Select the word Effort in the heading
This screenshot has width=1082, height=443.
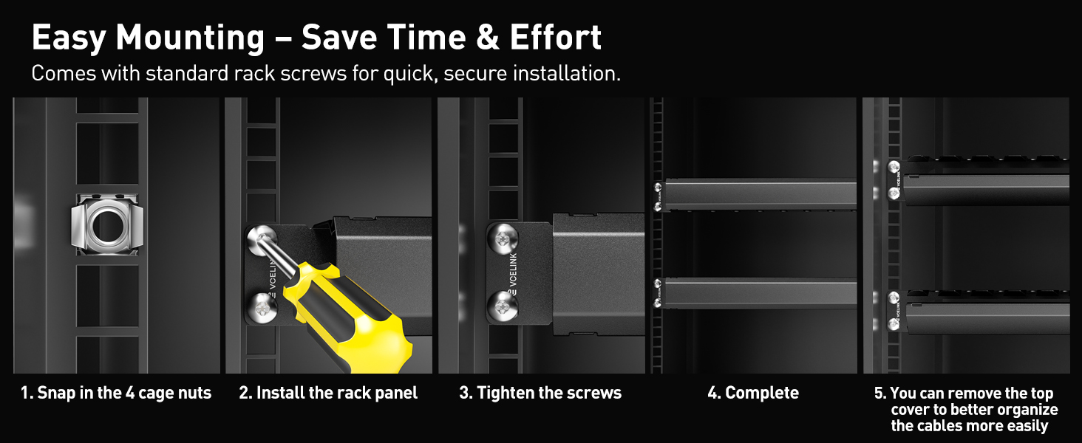(x=554, y=38)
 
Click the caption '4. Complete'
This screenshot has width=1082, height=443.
(x=753, y=393)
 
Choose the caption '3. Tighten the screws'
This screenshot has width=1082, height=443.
(x=540, y=393)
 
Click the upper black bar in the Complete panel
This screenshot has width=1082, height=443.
(x=761, y=194)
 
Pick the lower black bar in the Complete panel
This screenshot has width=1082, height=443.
(x=761, y=292)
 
